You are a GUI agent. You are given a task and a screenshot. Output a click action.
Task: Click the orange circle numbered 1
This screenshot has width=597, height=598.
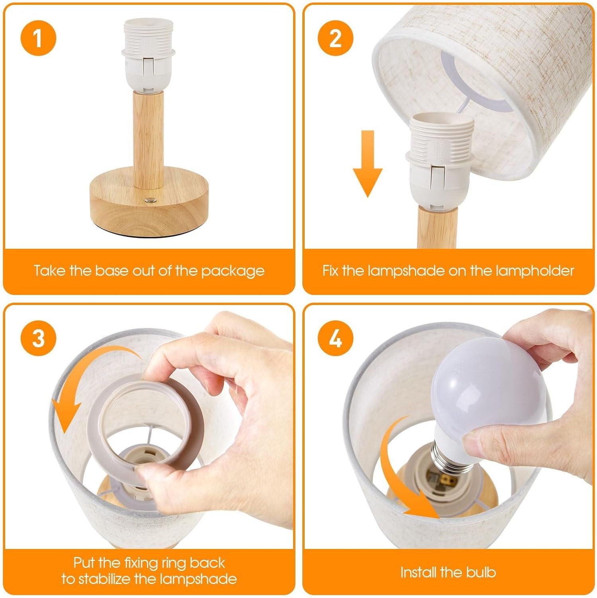(x=38, y=39)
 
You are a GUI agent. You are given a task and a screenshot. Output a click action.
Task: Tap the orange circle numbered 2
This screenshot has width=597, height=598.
(x=335, y=39)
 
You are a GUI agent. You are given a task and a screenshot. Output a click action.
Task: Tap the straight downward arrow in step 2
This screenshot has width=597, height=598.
(x=367, y=163)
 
